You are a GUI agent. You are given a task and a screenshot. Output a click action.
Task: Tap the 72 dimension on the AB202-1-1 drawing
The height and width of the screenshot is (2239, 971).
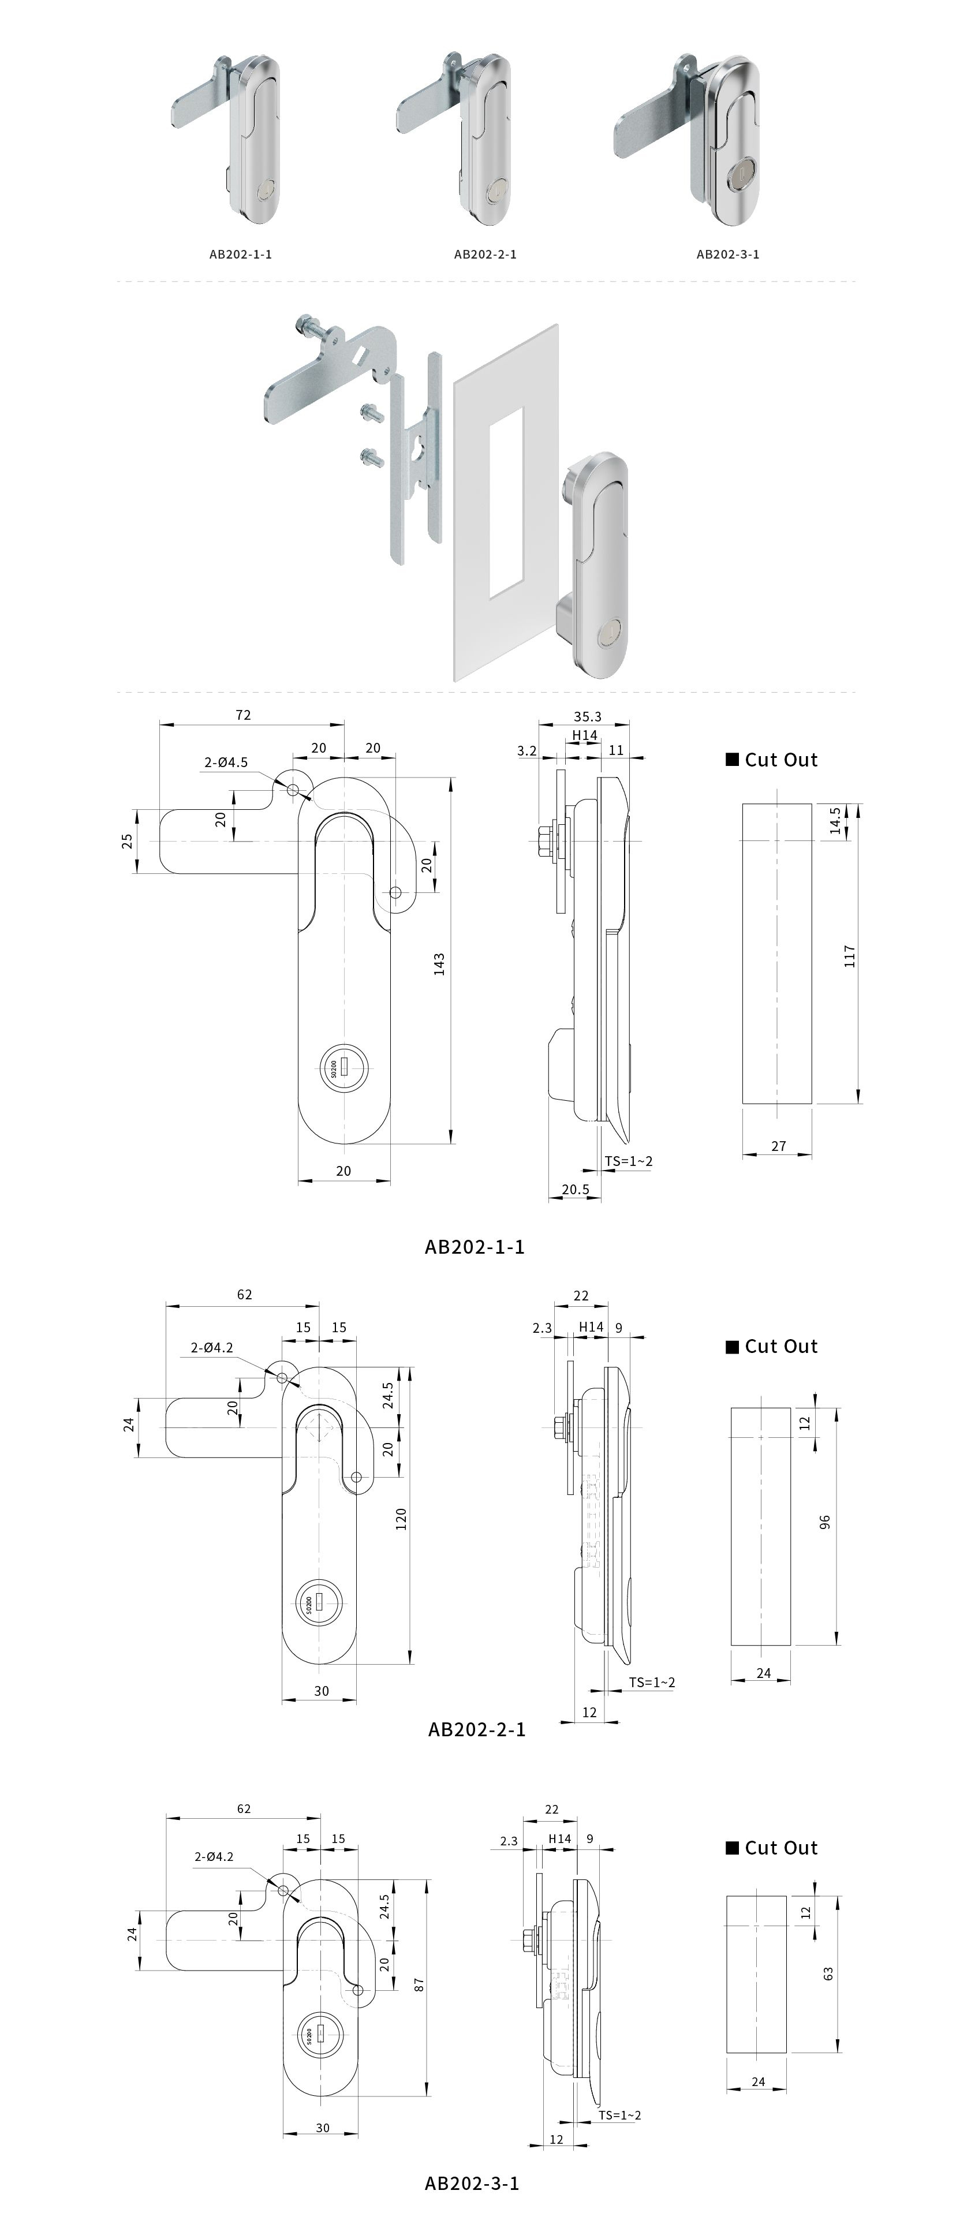(x=244, y=715)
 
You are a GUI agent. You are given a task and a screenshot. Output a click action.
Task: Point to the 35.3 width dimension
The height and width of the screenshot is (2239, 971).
(x=588, y=716)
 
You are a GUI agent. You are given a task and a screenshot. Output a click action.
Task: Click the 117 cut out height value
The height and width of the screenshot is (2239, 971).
(x=850, y=956)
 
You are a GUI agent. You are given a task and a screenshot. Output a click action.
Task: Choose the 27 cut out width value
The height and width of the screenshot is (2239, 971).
(x=779, y=1146)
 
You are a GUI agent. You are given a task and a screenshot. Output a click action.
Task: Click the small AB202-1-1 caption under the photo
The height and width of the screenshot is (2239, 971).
(x=241, y=254)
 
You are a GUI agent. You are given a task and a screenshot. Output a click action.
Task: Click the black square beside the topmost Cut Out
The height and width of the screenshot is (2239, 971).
(x=732, y=760)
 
